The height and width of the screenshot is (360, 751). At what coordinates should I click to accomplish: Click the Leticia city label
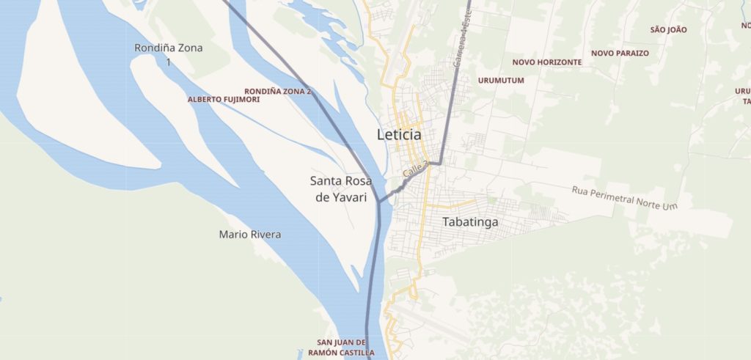(x=399, y=135)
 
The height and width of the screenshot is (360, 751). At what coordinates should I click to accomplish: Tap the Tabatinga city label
(x=470, y=221)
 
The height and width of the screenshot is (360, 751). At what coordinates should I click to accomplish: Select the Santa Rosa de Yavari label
(x=341, y=188)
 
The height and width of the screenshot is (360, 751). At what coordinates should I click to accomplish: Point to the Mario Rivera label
(x=249, y=235)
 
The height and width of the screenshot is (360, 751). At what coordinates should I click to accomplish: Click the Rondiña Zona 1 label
(x=169, y=55)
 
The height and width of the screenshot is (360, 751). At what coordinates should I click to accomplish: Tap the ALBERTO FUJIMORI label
(x=224, y=99)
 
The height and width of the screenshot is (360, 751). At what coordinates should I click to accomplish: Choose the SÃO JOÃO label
(x=668, y=29)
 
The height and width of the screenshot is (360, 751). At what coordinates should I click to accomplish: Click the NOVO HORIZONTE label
(x=547, y=62)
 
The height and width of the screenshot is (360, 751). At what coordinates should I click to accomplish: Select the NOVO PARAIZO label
(x=620, y=54)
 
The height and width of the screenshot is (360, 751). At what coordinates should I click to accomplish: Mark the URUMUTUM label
(x=501, y=80)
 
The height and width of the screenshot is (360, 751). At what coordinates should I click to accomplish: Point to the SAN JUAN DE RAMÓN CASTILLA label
(x=341, y=348)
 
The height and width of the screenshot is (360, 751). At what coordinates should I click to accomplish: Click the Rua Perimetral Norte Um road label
(x=623, y=197)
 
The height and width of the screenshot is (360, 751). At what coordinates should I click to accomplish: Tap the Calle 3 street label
(x=414, y=171)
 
